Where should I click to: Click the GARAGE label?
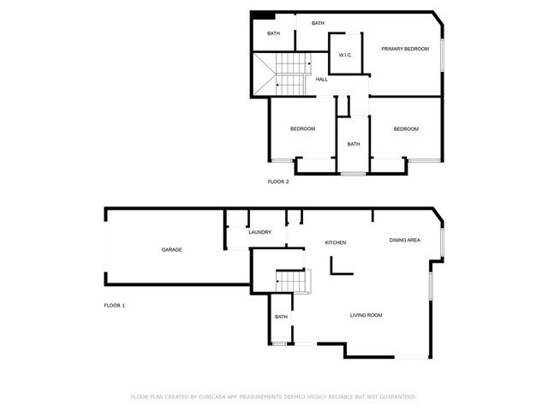point(172,249)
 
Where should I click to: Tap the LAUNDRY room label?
point(259,232)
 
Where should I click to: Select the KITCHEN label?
point(335,242)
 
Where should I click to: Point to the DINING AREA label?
point(404,240)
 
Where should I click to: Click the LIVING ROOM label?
point(366,315)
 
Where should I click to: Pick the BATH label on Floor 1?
point(281,317)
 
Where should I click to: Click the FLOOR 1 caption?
point(114,306)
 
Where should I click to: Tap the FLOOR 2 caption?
point(278,182)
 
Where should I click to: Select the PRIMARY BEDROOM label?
point(405,49)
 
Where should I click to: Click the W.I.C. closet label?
point(346,56)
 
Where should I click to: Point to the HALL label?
point(322,80)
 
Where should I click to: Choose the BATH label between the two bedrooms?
point(353,144)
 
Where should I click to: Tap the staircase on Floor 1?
point(291,280)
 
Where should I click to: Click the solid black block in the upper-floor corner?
point(263,15)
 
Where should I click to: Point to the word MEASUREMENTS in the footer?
point(287,396)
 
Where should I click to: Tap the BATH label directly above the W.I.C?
point(318,23)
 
